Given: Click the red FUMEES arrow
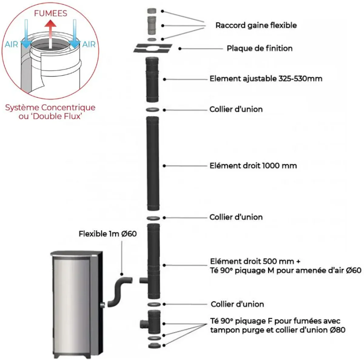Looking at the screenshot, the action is click(x=50, y=34).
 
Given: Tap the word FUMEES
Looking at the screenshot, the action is click(x=51, y=13).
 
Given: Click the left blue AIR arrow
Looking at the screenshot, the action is click(x=26, y=34).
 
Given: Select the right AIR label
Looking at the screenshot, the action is click(x=89, y=45).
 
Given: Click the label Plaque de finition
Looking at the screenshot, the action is click(x=260, y=48).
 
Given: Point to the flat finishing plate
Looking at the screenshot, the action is click(x=153, y=48).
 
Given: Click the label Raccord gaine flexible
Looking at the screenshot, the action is click(x=256, y=25).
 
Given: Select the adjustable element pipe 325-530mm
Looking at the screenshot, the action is click(x=152, y=79).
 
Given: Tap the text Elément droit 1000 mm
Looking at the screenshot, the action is click(x=253, y=166).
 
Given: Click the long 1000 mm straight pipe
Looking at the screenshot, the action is click(x=153, y=163).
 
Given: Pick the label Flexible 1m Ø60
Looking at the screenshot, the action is click(x=108, y=234).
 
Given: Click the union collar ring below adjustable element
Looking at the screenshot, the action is click(x=153, y=110).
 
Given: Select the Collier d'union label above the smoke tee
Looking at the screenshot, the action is click(x=237, y=304).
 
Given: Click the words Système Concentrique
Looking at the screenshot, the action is click(x=50, y=108).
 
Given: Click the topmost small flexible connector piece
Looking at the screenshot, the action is click(x=152, y=11).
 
